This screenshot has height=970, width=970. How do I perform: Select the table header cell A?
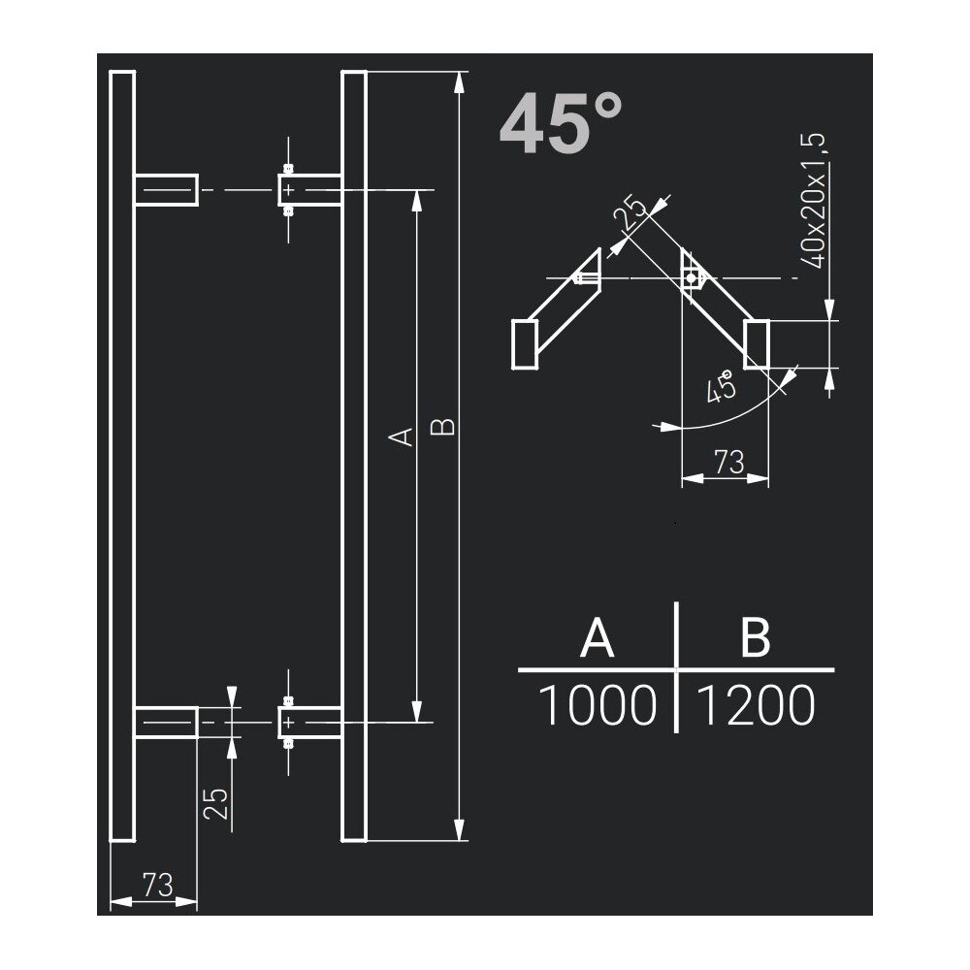[x=597, y=639]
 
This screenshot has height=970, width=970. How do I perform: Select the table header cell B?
[x=754, y=639]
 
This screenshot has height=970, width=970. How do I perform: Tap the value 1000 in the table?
[x=597, y=707]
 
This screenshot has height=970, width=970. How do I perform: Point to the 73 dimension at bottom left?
[x=156, y=884]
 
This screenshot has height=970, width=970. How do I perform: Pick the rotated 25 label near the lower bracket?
[x=217, y=804]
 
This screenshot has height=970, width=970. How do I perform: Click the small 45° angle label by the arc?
[x=721, y=389]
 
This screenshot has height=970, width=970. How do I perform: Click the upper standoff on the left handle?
[x=166, y=190]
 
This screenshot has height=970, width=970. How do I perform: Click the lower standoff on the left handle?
[x=166, y=722]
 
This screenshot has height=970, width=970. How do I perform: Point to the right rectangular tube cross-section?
[x=758, y=344]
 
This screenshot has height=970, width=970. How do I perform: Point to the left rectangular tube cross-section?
[x=524, y=345]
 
